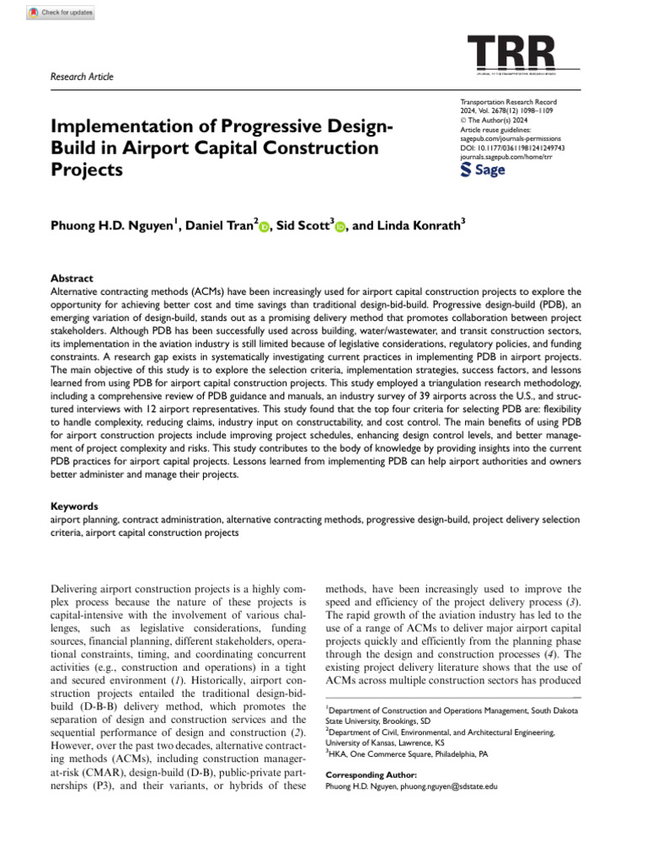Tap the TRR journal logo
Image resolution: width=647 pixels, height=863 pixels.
pos(511,54)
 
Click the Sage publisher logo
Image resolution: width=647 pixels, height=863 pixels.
pos(484,169)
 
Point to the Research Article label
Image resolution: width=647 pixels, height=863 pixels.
pos(83,77)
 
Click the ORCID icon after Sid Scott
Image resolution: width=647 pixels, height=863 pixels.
pos(341,205)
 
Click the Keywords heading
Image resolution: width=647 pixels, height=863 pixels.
pos(74,507)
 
